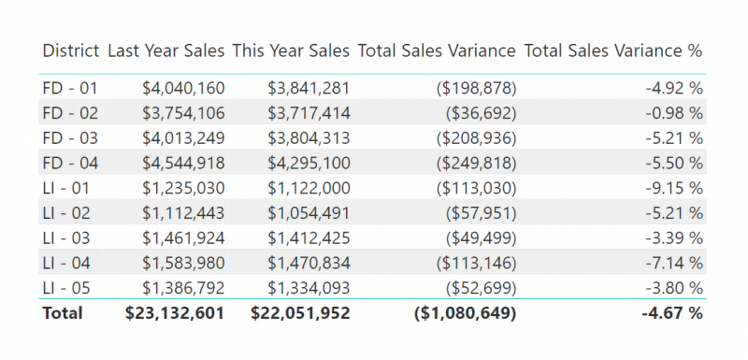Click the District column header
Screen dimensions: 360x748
(x=71, y=50)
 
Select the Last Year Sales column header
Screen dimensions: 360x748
(x=165, y=50)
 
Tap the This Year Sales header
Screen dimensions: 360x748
(x=291, y=50)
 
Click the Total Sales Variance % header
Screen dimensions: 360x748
(x=613, y=50)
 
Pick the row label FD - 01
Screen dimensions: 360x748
(x=70, y=88)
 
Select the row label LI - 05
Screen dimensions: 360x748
(x=69, y=288)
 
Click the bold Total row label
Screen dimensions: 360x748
(x=63, y=313)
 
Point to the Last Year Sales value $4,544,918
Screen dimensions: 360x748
(x=183, y=163)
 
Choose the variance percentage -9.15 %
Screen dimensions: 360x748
(x=673, y=188)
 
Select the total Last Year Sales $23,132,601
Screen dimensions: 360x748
(x=175, y=313)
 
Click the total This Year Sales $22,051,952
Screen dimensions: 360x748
(x=300, y=313)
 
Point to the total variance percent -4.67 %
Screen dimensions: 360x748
(x=671, y=313)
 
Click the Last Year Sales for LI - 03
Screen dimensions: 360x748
(x=183, y=238)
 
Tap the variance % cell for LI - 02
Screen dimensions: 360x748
(x=673, y=213)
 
